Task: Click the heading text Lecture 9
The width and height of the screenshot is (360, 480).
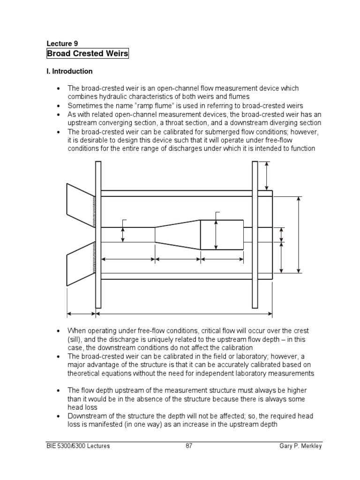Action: coord(62,44)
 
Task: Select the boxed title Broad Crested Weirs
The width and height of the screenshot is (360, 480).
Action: coord(88,53)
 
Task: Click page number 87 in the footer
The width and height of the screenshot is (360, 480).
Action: coord(189,446)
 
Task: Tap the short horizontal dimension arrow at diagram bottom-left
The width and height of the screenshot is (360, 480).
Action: coord(82,313)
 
